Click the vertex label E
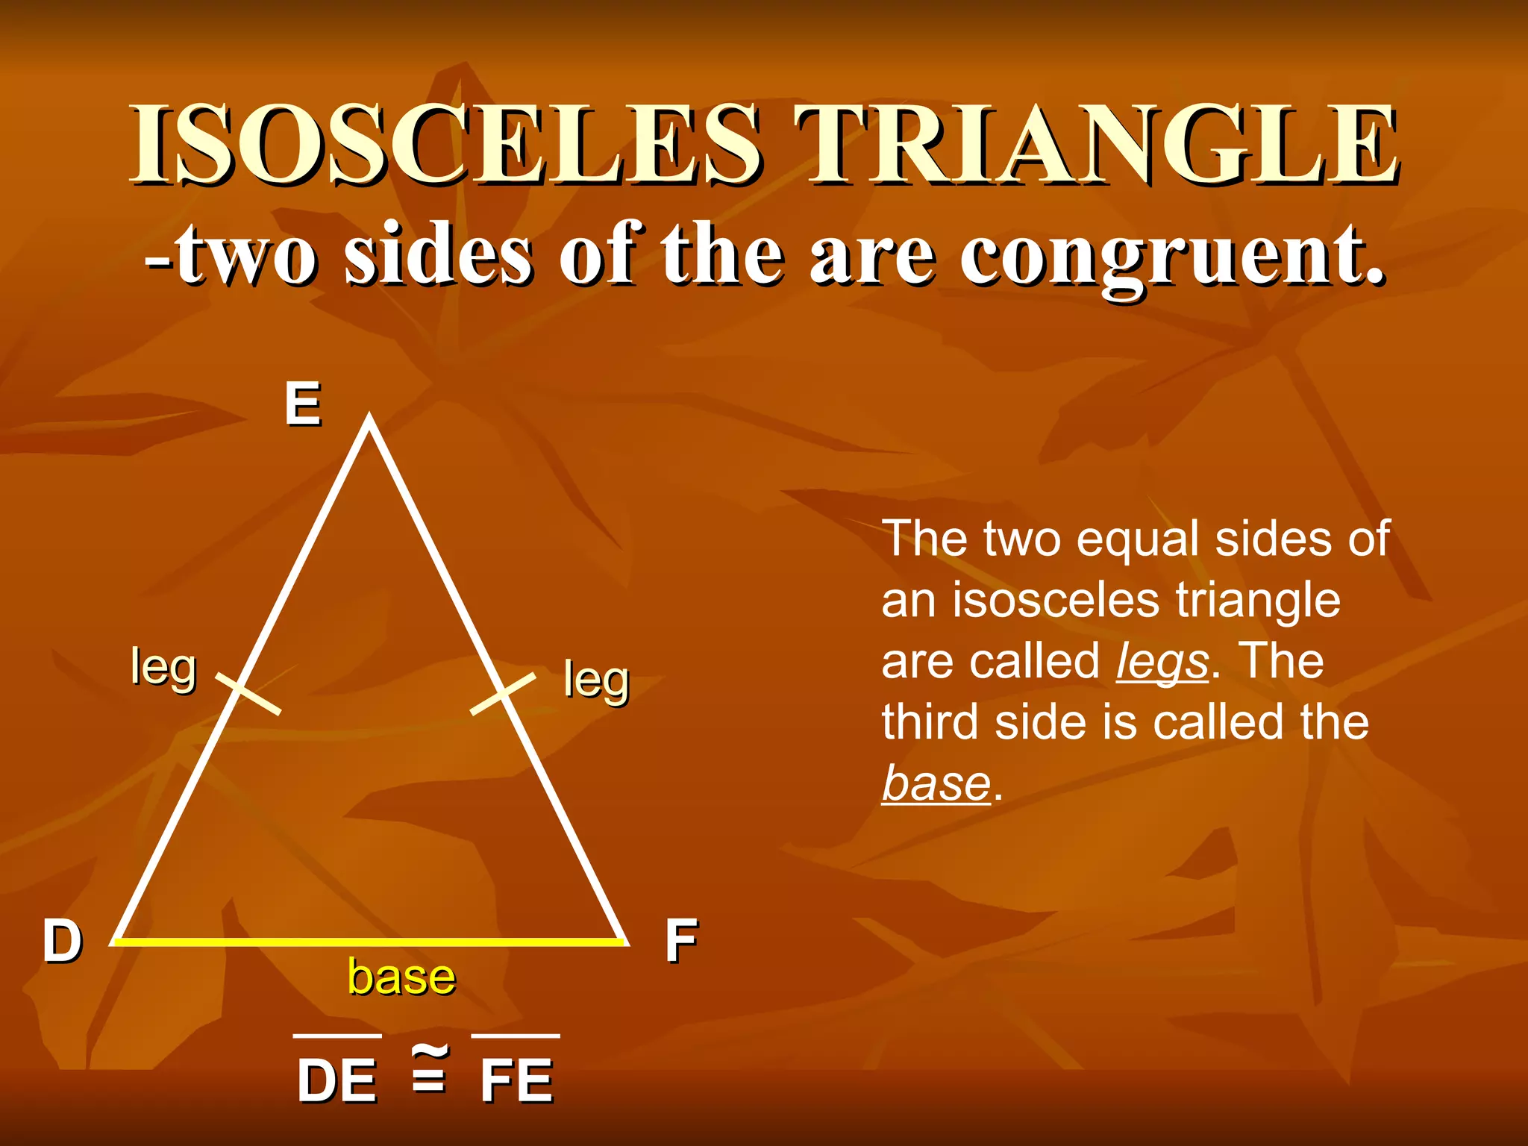303,404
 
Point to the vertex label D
62,941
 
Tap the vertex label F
680,941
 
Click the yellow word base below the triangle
401,977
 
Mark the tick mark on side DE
248,693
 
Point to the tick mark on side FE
503,693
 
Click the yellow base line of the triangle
369,942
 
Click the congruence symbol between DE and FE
430,1068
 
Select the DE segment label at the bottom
336,1080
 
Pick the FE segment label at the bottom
516,1080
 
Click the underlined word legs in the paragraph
1162,663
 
